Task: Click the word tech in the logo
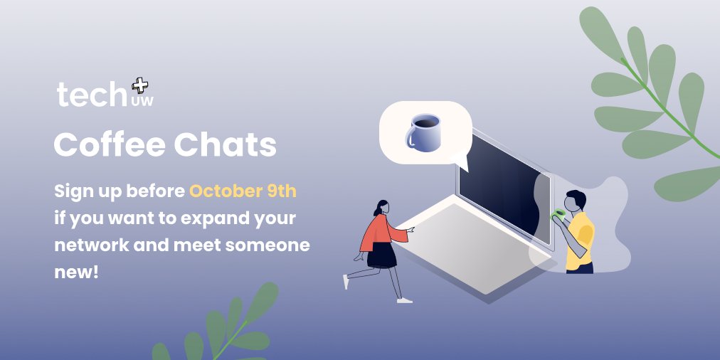click(92, 95)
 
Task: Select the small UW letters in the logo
click(142, 102)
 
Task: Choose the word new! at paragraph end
click(76, 272)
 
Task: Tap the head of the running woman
click(382, 207)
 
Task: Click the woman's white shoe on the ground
click(404, 300)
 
